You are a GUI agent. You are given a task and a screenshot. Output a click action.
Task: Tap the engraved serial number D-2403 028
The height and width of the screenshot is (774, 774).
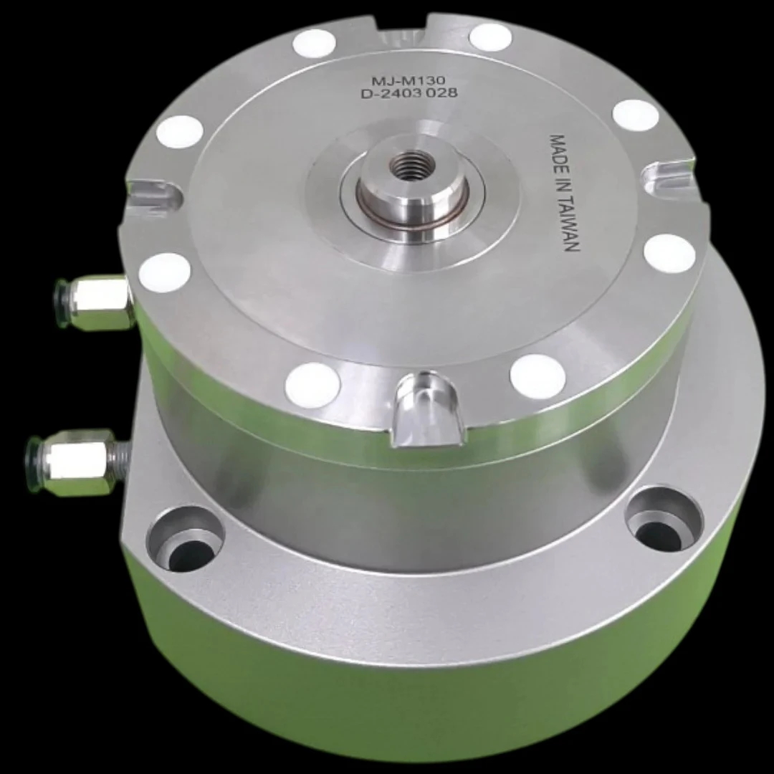[409, 92]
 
